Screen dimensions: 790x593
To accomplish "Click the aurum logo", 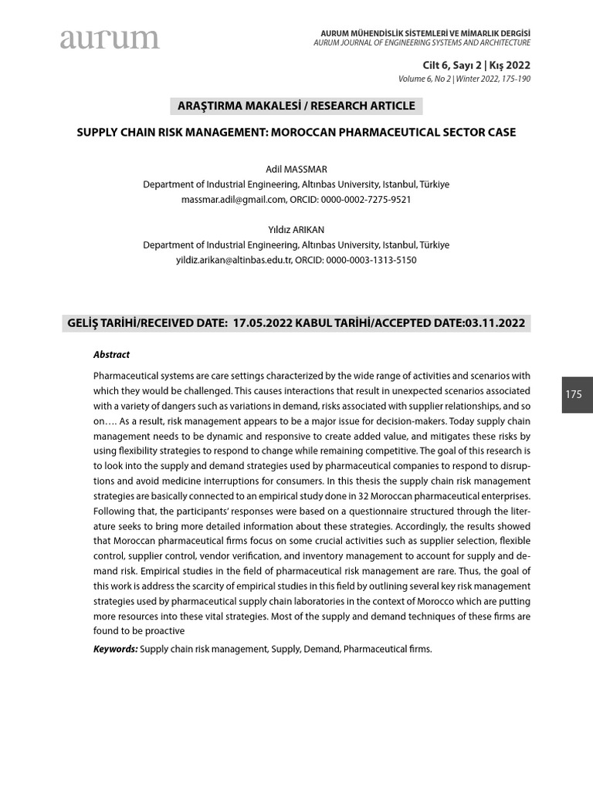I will [x=110, y=39].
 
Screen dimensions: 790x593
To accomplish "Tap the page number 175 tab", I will [x=574, y=394].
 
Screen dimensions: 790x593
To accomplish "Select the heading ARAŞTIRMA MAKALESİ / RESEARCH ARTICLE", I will [x=296, y=106].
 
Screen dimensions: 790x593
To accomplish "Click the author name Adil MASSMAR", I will [x=296, y=169].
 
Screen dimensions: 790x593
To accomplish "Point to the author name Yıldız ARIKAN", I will [x=296, y=229].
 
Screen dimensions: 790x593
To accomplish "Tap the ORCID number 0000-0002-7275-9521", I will [x=368, y=199].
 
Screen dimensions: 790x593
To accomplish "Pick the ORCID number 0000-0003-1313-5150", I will [x=371, y=260].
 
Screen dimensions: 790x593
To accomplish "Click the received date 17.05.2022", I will [x=263, y=323].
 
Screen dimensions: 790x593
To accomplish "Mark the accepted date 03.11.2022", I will [x=495, y=323].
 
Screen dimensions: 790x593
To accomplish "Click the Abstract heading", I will [x=111, y=355].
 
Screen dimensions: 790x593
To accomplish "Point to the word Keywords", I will [x=115, y=649].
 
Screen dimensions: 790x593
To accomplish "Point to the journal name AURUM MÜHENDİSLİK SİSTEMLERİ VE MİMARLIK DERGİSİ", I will [x=425, y=32].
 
